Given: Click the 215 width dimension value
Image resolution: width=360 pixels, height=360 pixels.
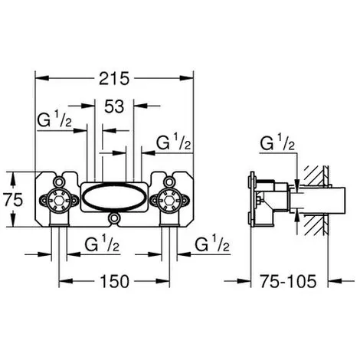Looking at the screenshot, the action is click(x=114, y=78).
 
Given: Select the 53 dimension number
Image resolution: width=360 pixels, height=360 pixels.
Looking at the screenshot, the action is click(x=114, y=106).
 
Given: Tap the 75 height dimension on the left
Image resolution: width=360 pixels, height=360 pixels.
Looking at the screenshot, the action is click(x=13, y=199).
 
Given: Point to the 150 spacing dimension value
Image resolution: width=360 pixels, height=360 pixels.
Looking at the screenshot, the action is click(x=115, y=281).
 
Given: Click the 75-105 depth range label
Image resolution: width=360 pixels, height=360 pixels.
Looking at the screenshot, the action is click(x=288, y=281).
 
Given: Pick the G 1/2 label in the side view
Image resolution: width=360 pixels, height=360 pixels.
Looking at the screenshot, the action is click(x=277, y=142).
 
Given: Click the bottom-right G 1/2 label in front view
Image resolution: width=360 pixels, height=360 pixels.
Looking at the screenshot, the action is click(x=212, y=243).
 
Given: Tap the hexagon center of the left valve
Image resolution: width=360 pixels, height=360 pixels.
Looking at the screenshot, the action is click(x=59, y=201).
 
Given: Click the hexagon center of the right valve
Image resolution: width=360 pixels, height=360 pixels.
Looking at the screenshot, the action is click(x=169, y=201).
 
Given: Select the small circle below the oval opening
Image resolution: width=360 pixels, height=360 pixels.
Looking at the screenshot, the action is click(x=114, y=218).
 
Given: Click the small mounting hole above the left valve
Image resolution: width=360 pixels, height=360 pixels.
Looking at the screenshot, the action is click(x=59, y=182).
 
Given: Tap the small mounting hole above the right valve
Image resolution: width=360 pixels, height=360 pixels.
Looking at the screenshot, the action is click(x=169, y=182).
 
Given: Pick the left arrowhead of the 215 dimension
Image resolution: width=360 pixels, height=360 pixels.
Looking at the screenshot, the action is click(x=41, y=78).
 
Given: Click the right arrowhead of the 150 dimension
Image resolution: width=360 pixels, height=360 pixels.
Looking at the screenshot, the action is click(x=162, y=281).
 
